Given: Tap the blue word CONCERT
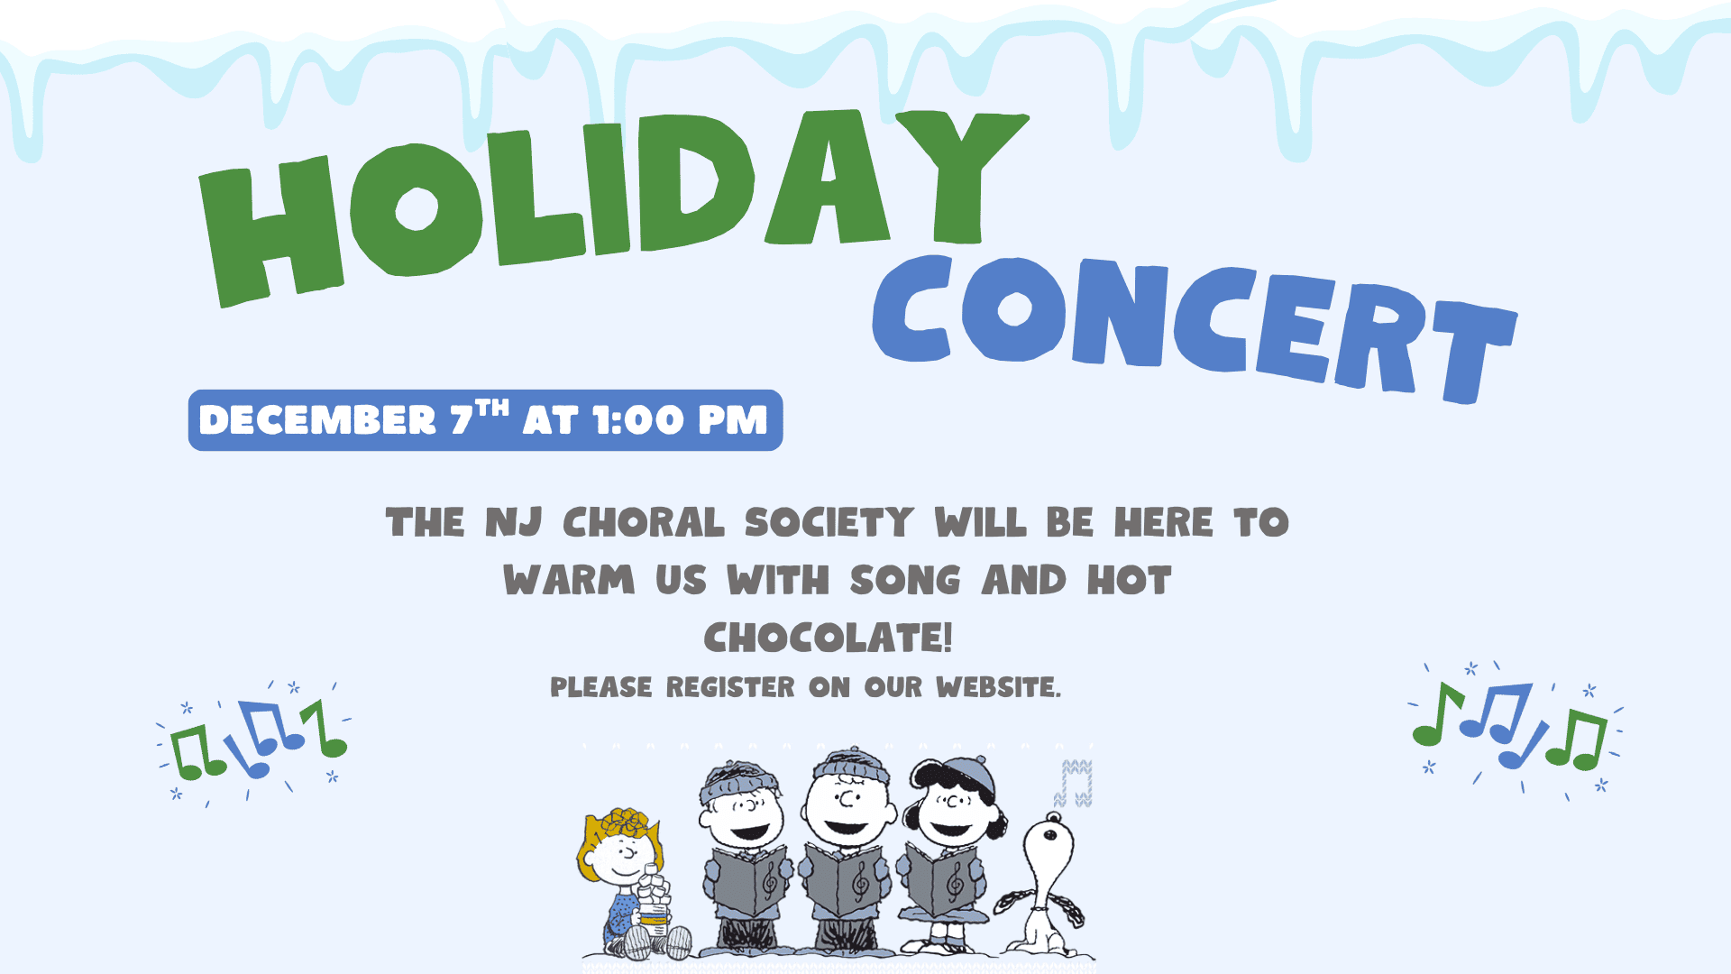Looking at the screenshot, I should tap(1190, 325).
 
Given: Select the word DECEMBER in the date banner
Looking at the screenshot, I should tap(317, 420).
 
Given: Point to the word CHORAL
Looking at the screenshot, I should tap(643, 523).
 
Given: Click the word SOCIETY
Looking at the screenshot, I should tap(829, 523).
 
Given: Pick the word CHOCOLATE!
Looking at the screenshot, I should tap(828, 638).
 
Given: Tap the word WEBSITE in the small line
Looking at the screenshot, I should tap(997, 687).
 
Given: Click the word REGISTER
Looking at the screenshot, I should tap(730, 687).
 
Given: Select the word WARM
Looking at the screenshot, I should tap(569, 580).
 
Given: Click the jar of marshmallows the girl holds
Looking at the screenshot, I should tap(655, 902).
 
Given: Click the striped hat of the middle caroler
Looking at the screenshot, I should tap(849, 765).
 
